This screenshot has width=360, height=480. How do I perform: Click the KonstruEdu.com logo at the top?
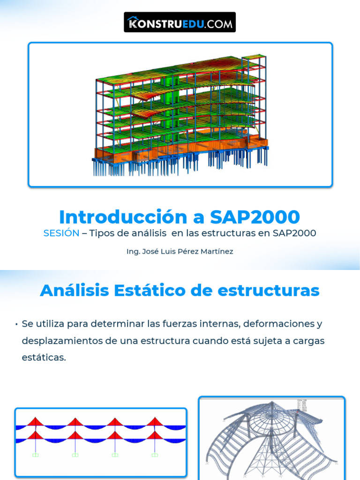click(180, 22)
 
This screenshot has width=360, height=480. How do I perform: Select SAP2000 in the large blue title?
click(255, 217)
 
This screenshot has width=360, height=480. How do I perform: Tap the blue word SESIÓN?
click(61, 233)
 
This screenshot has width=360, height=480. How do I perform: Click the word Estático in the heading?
click(146, 291)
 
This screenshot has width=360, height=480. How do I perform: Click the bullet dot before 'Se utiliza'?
click(16, 324)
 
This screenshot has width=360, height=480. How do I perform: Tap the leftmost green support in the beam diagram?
click(35, 455)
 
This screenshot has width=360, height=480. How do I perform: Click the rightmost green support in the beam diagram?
click(154, 455)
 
